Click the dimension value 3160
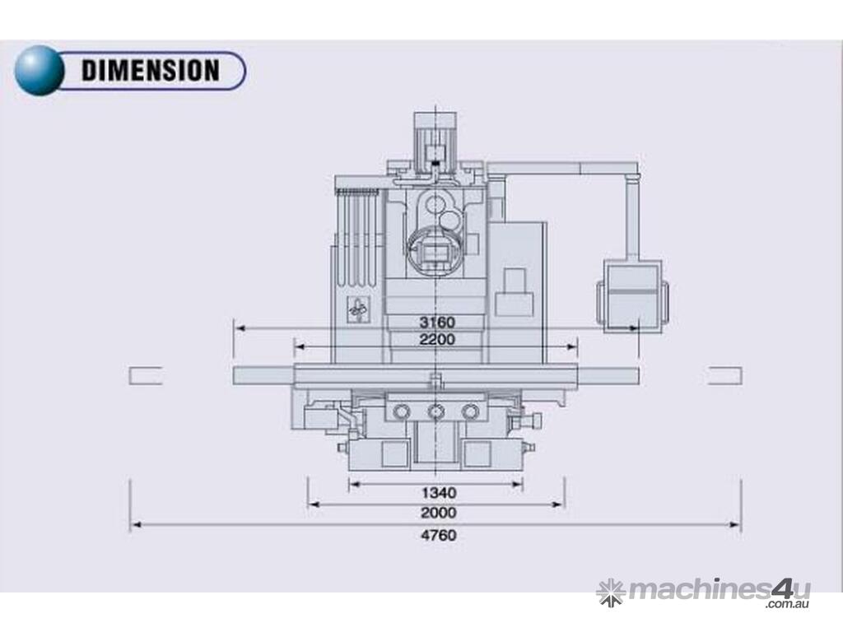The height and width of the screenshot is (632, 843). (x=437, y=323)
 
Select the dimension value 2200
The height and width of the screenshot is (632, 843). (x=437, y=340)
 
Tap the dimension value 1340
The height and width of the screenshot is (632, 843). (x=440, y=493)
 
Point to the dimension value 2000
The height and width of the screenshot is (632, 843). (x=439, y=513)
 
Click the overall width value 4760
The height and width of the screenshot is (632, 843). (x=439, y=535)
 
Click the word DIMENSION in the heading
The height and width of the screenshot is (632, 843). (x=151, y=71)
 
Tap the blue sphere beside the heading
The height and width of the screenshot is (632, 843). (x=39, y=71)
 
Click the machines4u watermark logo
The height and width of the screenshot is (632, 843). (x=704, y=593)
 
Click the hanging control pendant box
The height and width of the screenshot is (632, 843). (x=633, y=296)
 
